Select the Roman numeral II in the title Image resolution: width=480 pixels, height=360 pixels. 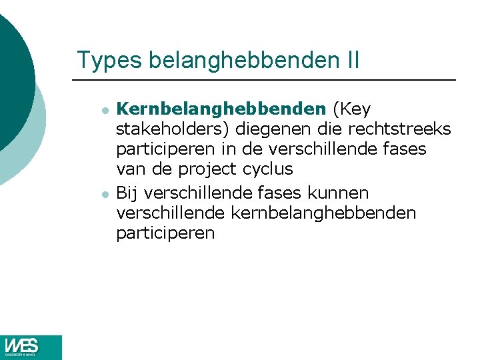click(353, 60)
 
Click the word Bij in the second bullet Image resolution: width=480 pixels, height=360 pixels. click(127, 193)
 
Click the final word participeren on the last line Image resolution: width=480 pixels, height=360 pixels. click(165, 233)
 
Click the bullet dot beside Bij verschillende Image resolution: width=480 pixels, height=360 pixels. click(105, 194)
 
